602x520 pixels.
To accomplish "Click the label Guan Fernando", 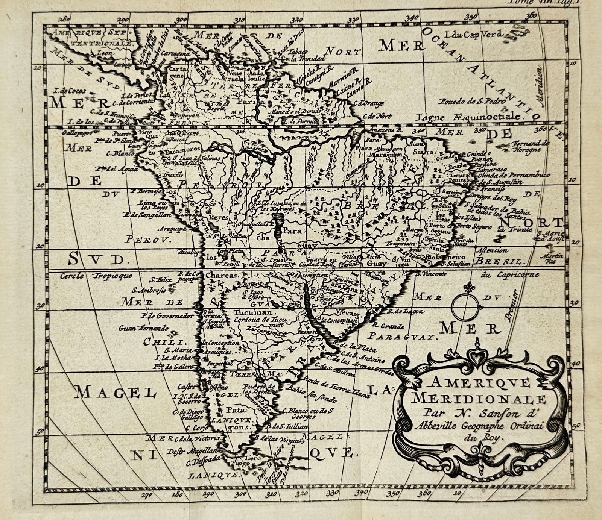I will click(144, 328).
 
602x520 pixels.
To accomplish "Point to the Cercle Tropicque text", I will click(96, 276).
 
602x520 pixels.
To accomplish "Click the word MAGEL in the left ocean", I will click(116, 393).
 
